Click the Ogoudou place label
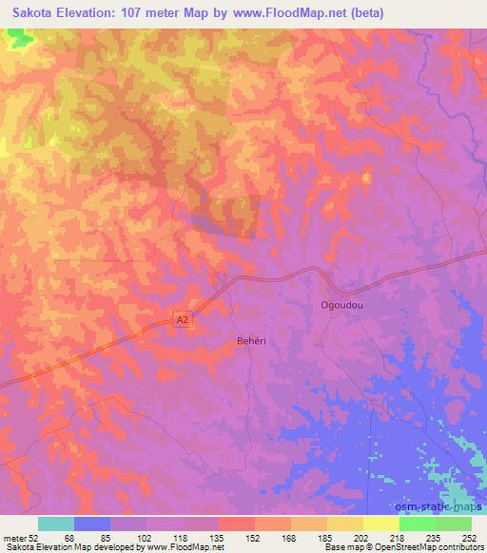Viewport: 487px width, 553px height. (341, 306)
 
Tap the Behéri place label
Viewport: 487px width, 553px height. (250, 339)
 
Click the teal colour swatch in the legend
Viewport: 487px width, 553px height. (56, 524)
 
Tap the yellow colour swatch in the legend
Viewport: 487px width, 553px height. (381, 524)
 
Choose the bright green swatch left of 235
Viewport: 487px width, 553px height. (418, 524)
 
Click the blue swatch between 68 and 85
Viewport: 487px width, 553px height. (92, 524)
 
